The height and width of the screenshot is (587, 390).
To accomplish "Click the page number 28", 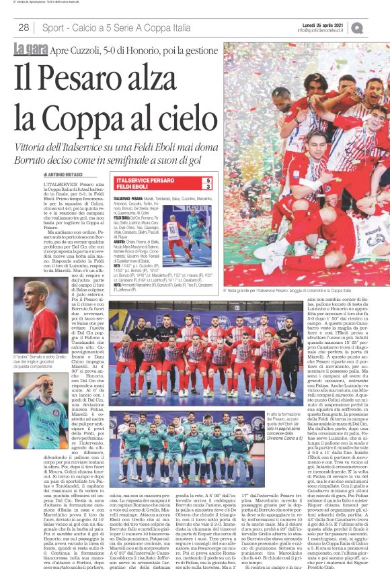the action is tap(24, 28).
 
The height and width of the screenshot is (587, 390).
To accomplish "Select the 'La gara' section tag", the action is tap(30, 48).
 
